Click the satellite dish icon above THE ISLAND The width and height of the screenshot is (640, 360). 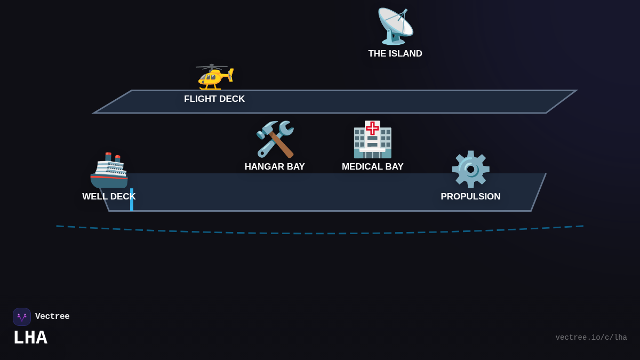(x=395, y=26)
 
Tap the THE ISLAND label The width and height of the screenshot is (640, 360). (x=395, y=54)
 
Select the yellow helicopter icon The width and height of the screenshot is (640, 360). (x=215, y=77)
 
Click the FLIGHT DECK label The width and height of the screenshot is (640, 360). (x=214, y=99)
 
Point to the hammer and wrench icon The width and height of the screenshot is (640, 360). (x=275, y=139)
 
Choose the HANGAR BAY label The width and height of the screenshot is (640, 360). (x=275, y=167)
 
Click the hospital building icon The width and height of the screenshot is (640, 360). (x=372, y=140)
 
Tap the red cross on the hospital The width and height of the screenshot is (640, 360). (x=372, y=128)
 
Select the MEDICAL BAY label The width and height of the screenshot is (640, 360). (x=373, y=167)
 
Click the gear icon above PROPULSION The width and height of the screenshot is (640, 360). (x=470, y=169)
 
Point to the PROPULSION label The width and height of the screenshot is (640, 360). (x=470, y=197)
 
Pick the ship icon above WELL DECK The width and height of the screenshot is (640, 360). (x=109, y=171)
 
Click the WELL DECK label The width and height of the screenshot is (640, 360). (x=109, y=197)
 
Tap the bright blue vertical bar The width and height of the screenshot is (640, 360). (x=132, y=200)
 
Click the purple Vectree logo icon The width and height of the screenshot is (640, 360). (x=22, y=317)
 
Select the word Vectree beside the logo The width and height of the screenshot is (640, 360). (x=52, y=317)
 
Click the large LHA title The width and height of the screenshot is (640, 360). (x=30, y=338)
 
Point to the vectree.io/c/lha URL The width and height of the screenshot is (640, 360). (x=591, y=338)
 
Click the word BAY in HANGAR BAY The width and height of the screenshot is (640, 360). (x=293, y=167)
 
